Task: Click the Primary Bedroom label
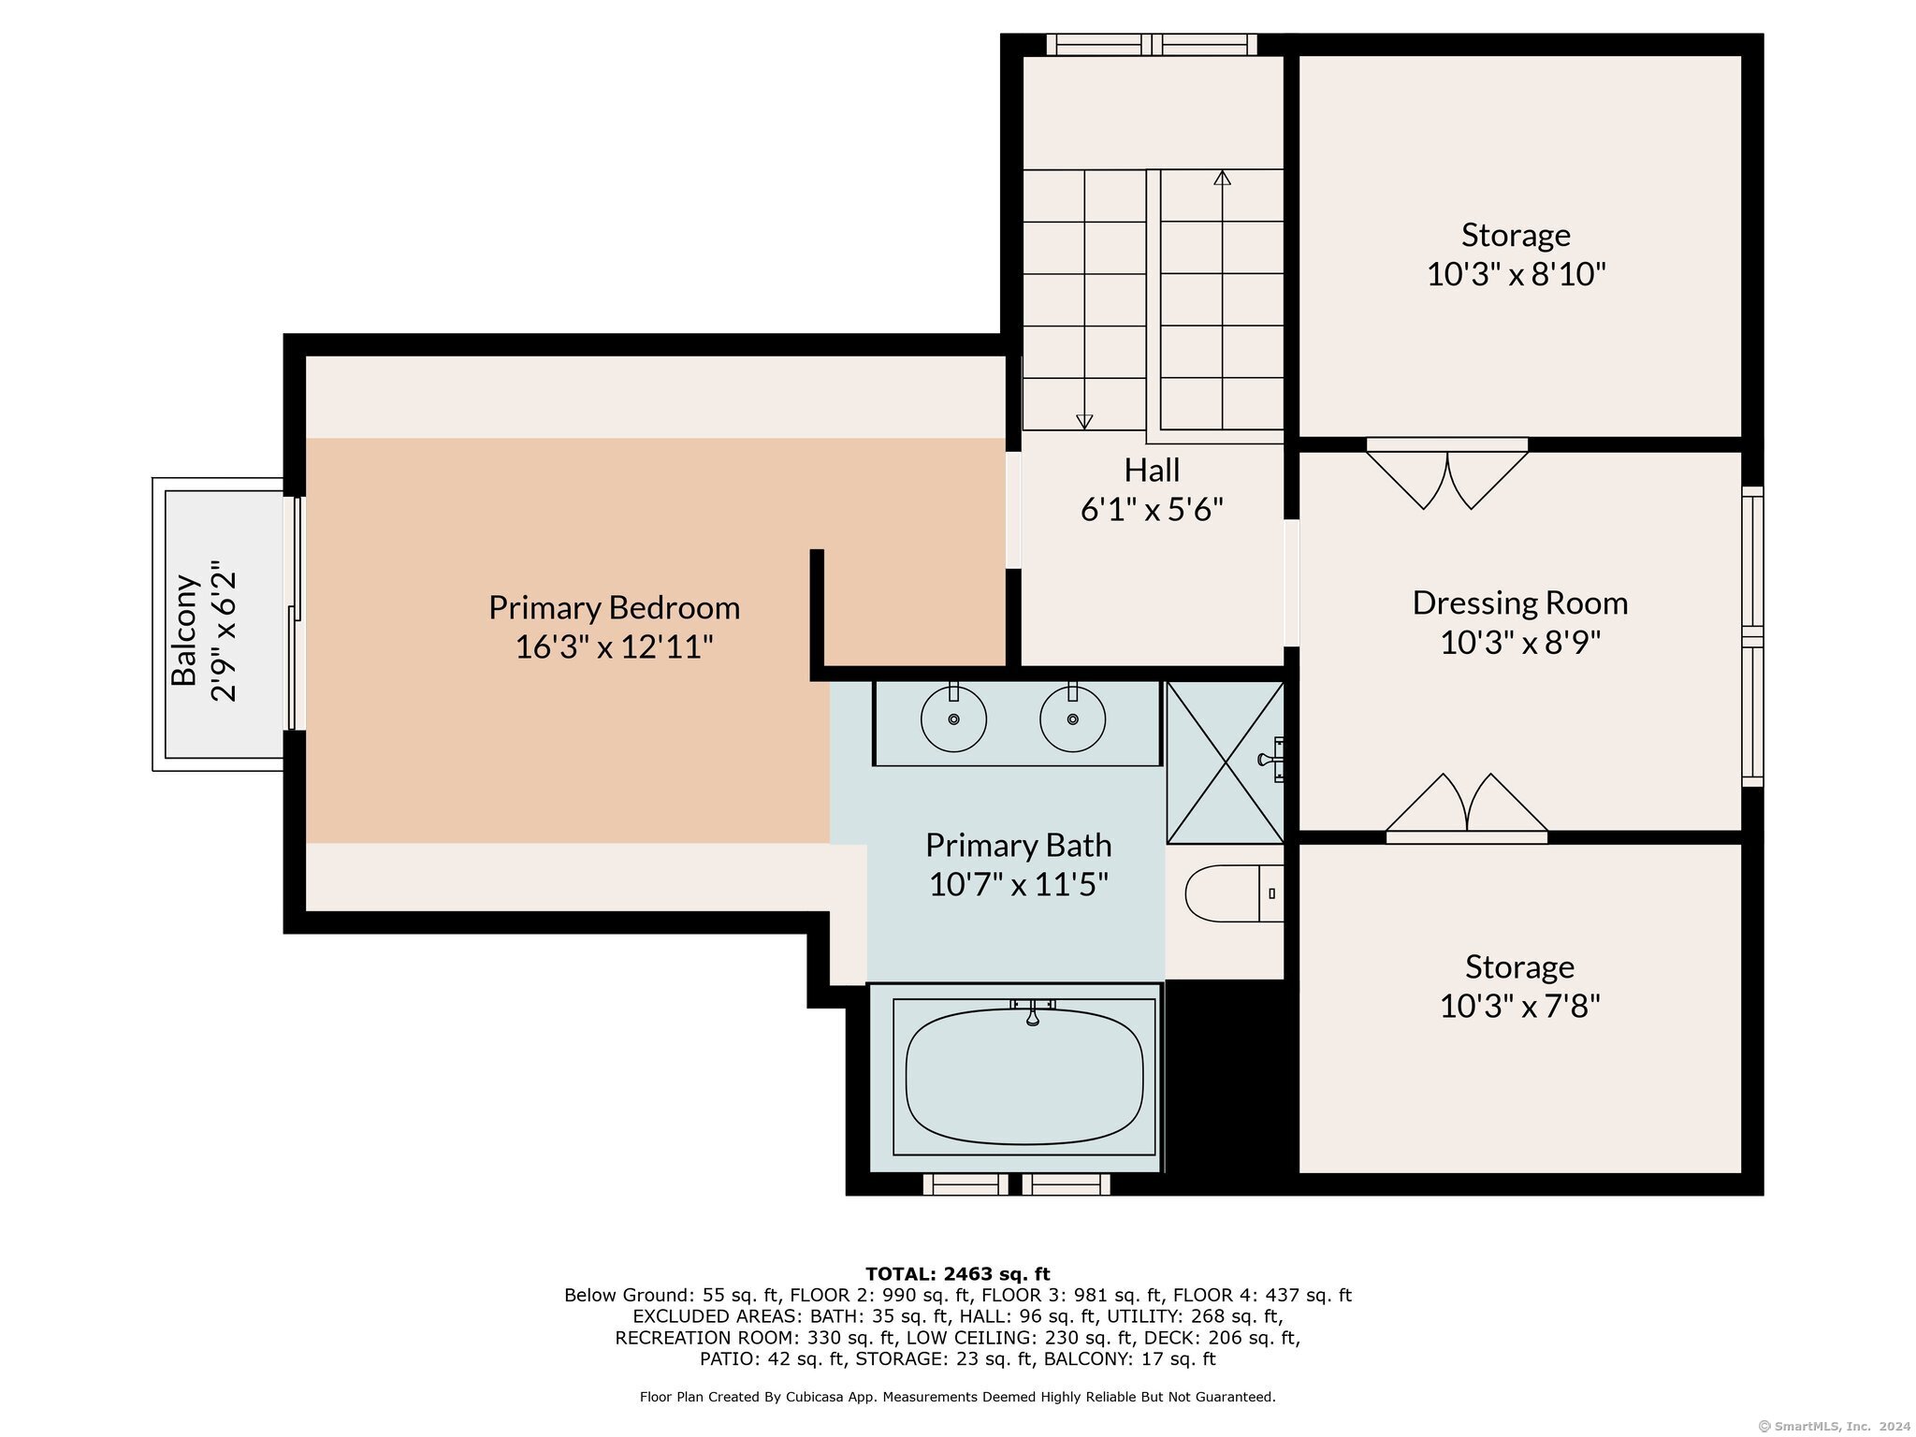click(x=614, y=608)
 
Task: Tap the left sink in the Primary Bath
click(x=953, y=718)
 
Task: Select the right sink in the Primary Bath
click(x=1072, y=718)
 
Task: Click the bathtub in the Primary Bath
click(x=1024, y=1076)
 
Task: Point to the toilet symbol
click(x=1234, y=893)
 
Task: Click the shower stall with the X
click(x=1226, y=762)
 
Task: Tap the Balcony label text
click(x=184, y=630)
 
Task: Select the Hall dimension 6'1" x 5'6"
click(x=1152, y=509)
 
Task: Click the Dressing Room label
click(x=1520, y=602)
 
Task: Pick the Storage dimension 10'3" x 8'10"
click(x=1516, y=274)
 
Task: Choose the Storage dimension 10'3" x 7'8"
click(x=1519, y=1007)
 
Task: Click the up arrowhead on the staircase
click(x=1222, y=178)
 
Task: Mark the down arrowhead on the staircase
click(x=1084, y=421)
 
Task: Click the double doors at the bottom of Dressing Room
click(x=1466, y=807)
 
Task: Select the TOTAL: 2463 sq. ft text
click(x=957, y=1274)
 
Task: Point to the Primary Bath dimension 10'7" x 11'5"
click(x=1018, y=884)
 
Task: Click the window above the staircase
click(x=1152, y=44)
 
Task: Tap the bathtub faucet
click(x=1033, y=1011)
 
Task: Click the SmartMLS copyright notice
click(x=1834, y=1427)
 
